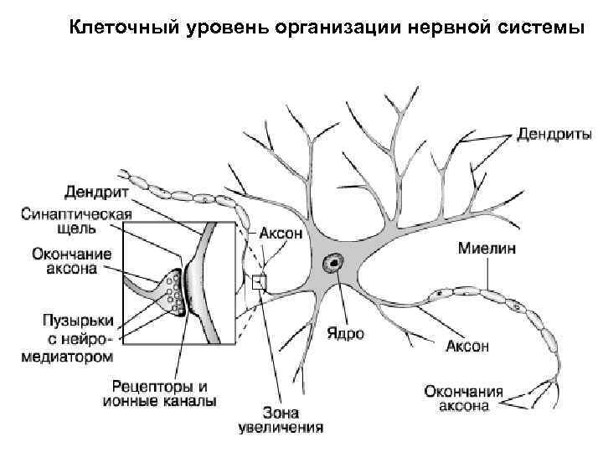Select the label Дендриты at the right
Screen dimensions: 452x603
(554, 134)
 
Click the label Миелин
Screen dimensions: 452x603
(487, 249)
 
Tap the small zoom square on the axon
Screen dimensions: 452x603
(259, 282)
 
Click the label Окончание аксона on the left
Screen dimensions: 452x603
(64, 261)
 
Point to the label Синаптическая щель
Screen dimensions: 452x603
(76, 220)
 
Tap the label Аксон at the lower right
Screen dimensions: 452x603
(466, 346)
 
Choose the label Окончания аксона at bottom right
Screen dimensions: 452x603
(462, 398)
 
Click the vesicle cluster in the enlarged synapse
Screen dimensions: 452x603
(173, 290)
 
